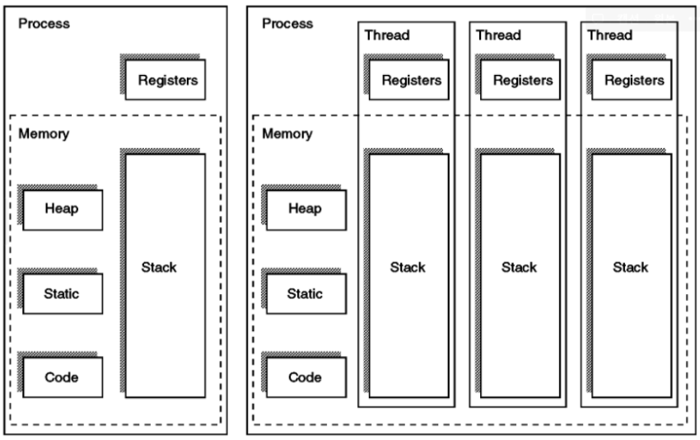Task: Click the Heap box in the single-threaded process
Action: pos(63,209)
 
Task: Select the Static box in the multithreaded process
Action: pos(305,293)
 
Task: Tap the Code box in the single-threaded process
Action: pos(63,377)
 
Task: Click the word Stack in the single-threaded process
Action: pos(159,267)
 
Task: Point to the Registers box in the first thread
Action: pos(410,81)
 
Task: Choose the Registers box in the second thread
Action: pos(522,81)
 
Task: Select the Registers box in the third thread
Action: pos(634,81)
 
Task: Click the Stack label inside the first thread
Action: pos(408,267)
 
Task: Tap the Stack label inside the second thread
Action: pos(520,267)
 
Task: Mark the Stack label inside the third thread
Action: pos(631,267)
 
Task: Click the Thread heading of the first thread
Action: pos(387,35)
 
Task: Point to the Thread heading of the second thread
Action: pos(499,35)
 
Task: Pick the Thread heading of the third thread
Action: pos(610,35)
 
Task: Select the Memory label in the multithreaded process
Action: pos(287,134)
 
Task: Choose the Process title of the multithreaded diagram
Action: pos(287,23)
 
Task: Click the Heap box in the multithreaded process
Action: pos(305,209)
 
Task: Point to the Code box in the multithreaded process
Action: pos(305,377)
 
